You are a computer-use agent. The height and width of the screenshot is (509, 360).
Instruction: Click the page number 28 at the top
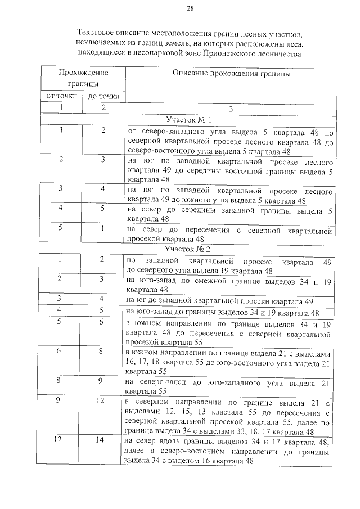[x=190, y=8]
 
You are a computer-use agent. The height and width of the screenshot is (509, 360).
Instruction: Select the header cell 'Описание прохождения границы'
[x=232, y=74]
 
